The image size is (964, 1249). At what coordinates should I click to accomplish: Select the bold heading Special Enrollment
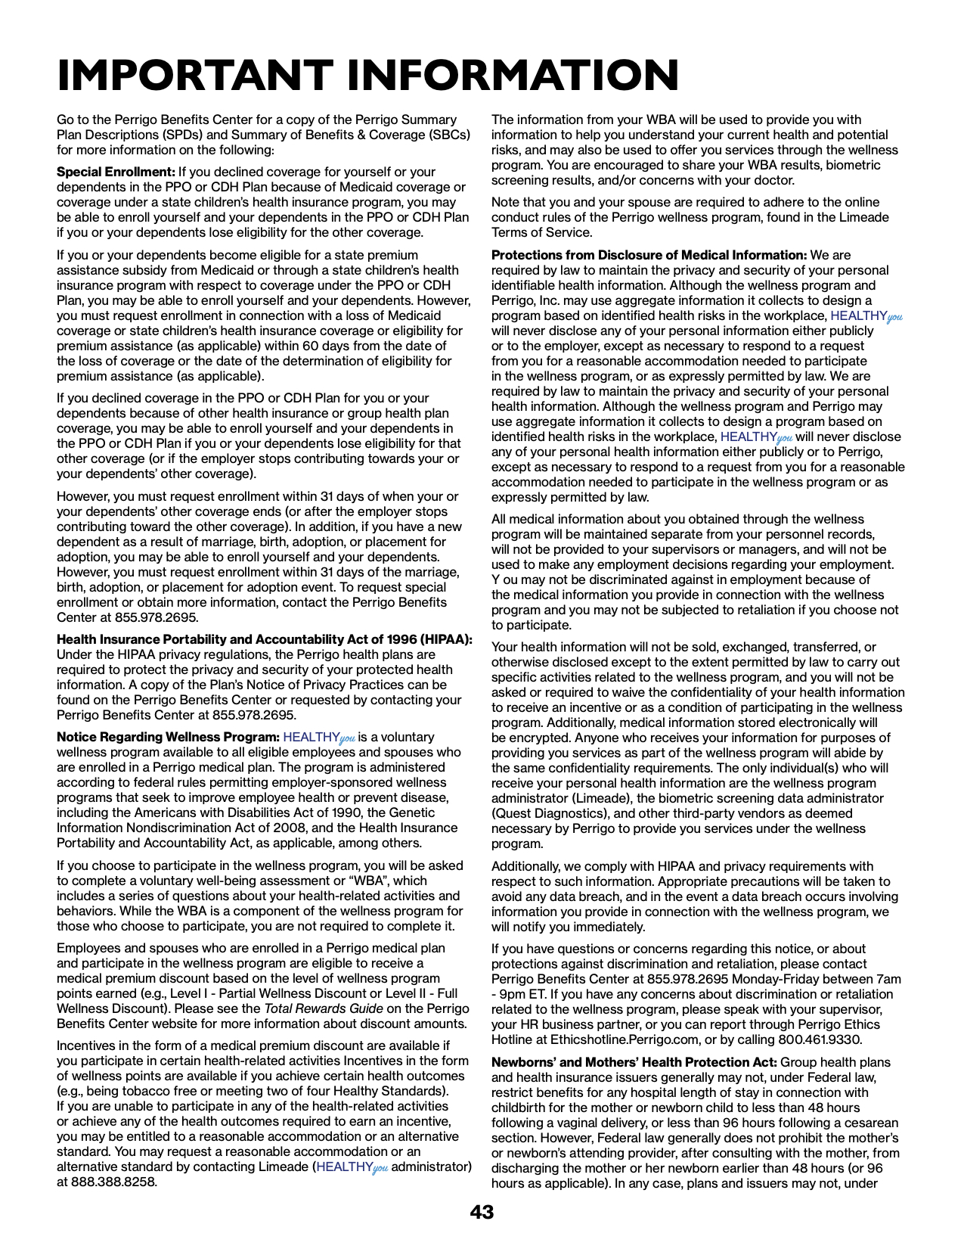[x=116, y=172]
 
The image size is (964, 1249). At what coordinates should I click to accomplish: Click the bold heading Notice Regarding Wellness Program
[x=168, y=737]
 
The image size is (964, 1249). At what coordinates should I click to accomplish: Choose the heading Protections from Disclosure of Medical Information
[x=649, y=255]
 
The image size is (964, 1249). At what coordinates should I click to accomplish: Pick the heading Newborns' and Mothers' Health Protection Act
[x=634, y=1062]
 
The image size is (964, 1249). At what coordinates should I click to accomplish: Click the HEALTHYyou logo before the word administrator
[x=352, y=1167]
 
